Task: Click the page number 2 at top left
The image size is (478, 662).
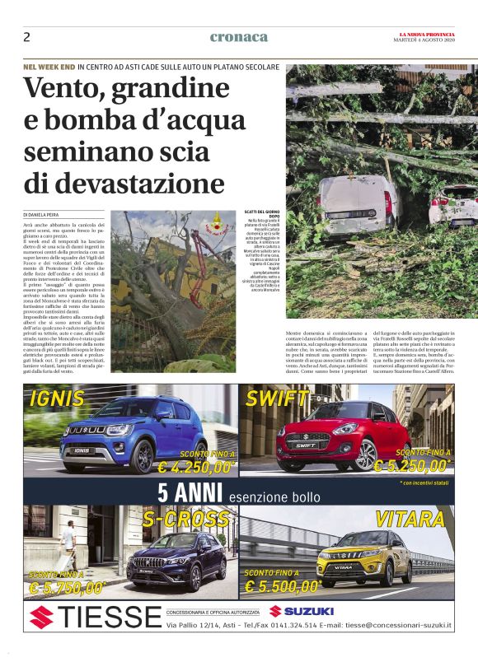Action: (26, 37)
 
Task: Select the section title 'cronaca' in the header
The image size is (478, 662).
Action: (239, 37)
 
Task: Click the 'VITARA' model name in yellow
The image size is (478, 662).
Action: (409, 519)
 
